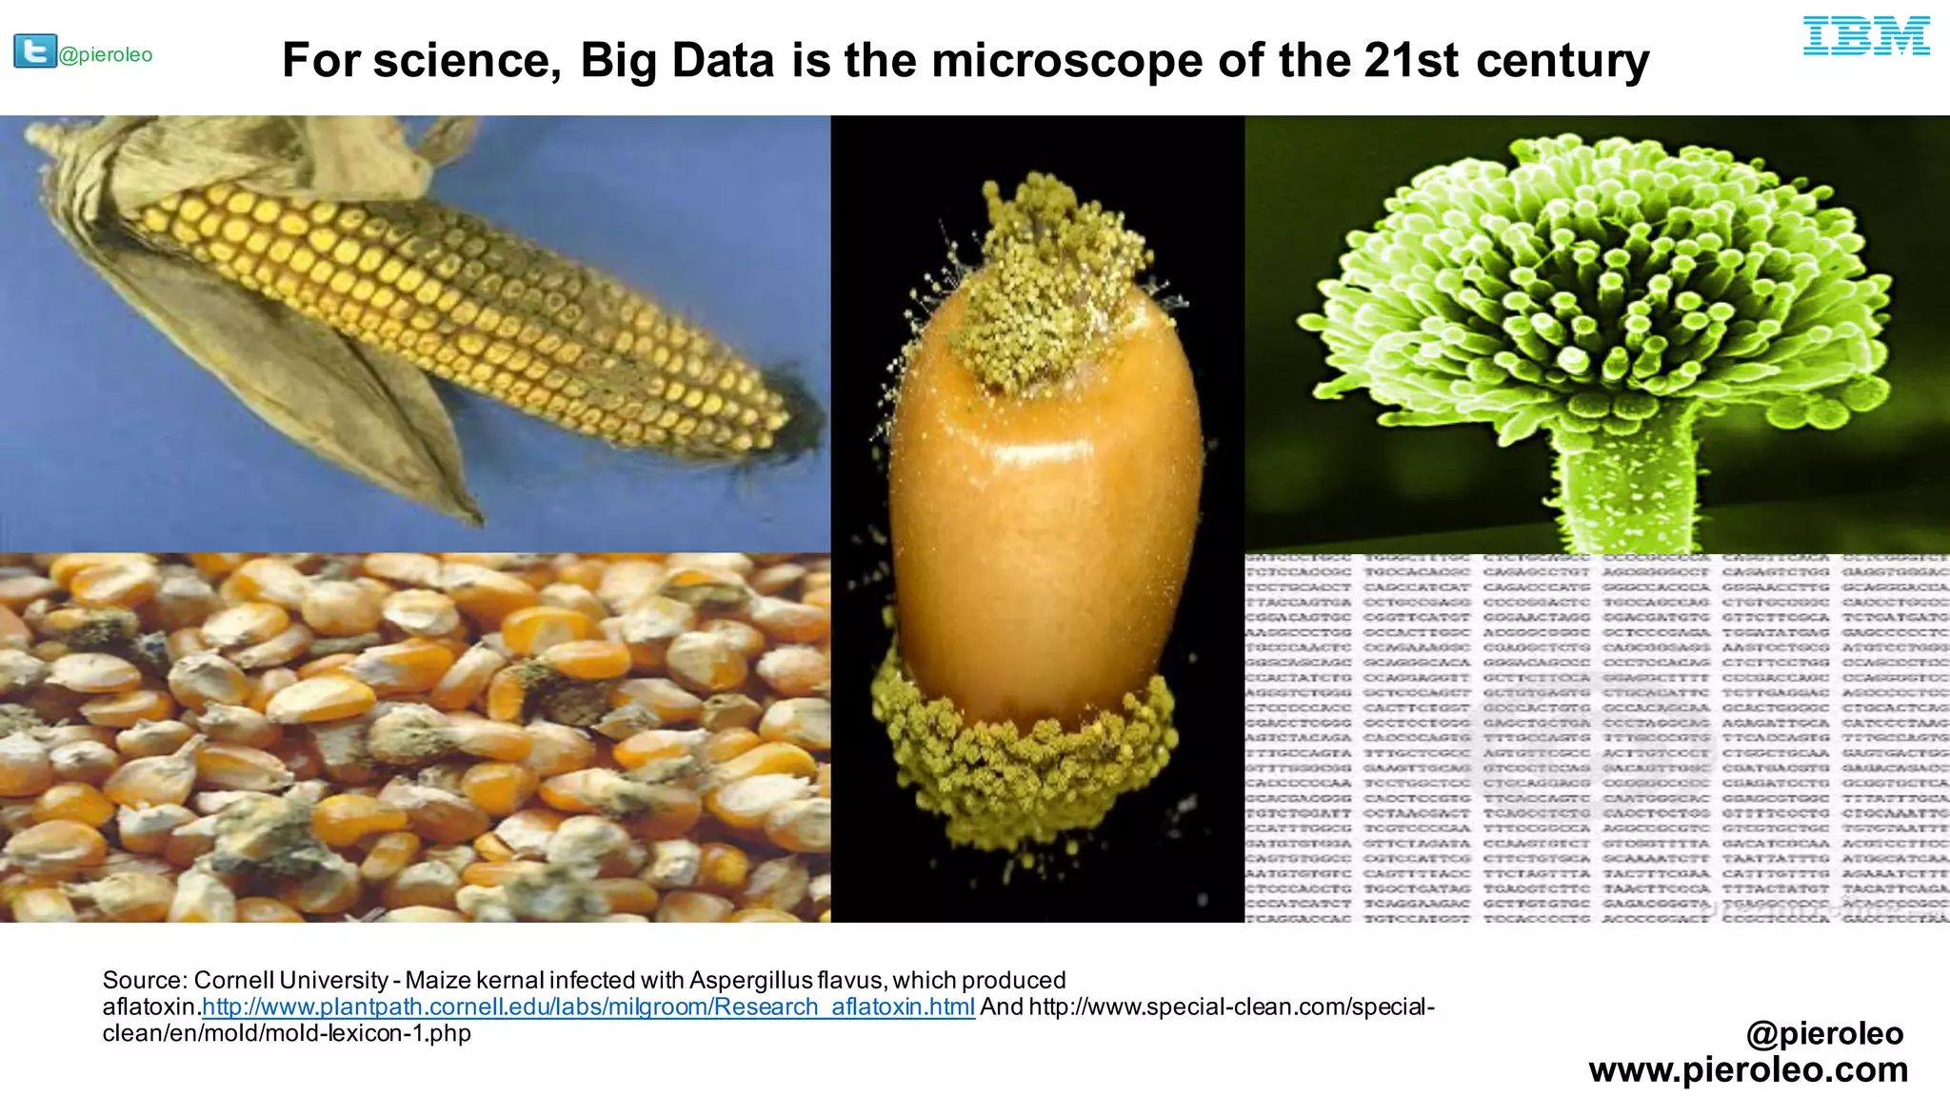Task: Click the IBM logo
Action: click(1866, 36)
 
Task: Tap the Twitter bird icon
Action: click(34, 50)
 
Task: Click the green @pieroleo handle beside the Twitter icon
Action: click(106, 55)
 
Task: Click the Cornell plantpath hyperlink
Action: click(588, 1007)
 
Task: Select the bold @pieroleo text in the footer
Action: click(1824, 1033)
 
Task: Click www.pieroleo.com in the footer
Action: click(1748, 1069)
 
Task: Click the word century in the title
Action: click(1562, 61)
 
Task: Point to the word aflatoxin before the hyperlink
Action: click(149, 1007)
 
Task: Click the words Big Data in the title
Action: click(679, 61)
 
